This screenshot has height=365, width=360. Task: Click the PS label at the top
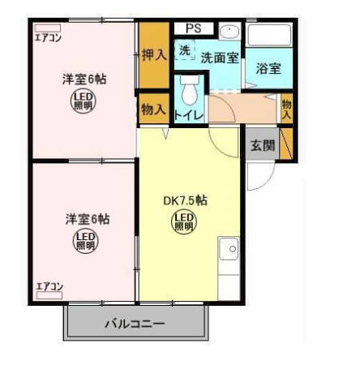click(x=193, y=28)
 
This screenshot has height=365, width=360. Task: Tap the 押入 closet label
click(x=153, y=55)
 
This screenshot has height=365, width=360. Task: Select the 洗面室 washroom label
click(x=219, y=58)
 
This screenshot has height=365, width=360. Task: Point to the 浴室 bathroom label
click(x=268, y=68)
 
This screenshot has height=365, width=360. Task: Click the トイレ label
click(x=191, y=115)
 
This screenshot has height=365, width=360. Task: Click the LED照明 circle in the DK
click(x=182, y=222)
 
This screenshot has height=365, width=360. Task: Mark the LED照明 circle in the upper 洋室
click(x=84, y=102)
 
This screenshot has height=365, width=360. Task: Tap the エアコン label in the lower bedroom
click(x=49, y=286)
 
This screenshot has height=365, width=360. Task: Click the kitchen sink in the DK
click(x=228, y=248)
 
